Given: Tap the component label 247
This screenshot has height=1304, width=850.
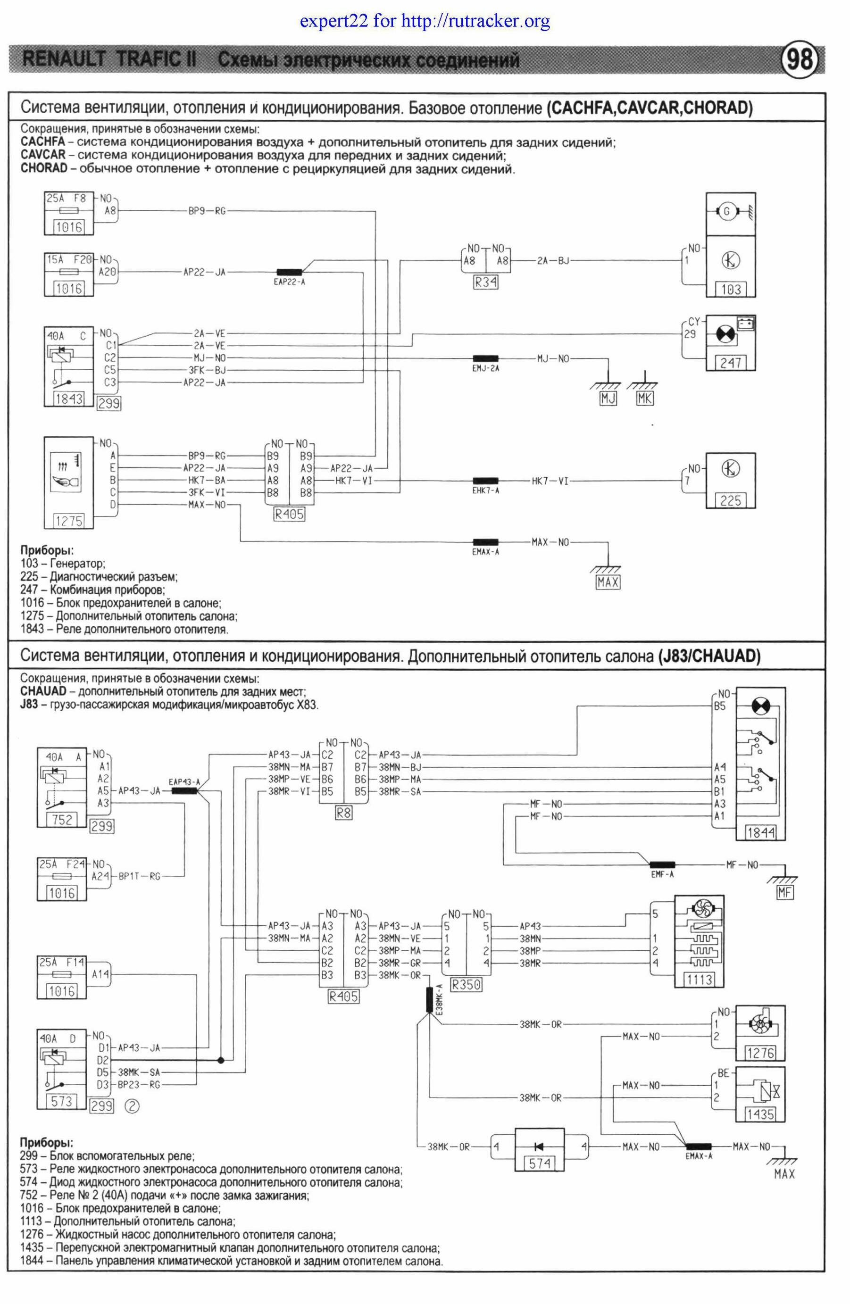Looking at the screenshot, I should [x=731, y=362].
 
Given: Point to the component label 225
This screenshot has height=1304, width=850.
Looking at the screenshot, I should [x=731, y=500].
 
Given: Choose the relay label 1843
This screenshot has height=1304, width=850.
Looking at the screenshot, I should [x=68, y=399].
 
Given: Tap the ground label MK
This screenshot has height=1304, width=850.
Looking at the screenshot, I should [x=645, y=399].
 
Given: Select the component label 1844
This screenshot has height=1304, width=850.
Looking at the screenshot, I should [x=760, y=833].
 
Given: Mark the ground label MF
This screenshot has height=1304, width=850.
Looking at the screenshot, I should [x=785, y=893].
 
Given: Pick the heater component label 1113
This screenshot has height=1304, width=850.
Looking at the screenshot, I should [x=699, y=979].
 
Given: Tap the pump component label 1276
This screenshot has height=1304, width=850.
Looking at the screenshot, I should [x=760, y=1053].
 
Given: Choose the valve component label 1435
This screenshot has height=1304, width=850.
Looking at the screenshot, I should [x=760, y=1114].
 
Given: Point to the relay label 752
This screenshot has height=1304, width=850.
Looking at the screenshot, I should [x=62, y=819].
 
